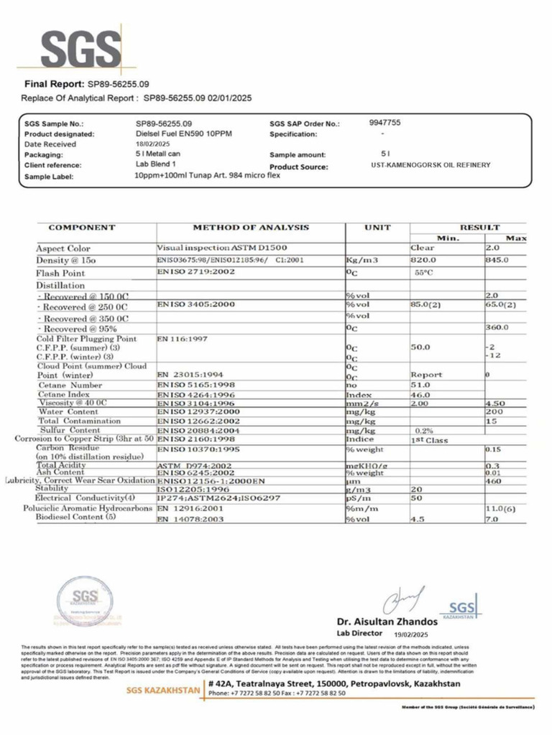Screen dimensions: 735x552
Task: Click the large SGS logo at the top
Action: [80, 49]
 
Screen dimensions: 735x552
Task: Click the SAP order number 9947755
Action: [385, 123]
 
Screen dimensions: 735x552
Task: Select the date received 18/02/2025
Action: [152, 144]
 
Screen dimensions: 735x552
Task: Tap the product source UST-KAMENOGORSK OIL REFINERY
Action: [430, 165]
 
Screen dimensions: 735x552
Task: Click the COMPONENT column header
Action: [82, 228]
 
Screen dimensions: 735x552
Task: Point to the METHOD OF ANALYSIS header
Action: [250, 228]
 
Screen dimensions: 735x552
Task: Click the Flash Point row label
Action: [61, 273]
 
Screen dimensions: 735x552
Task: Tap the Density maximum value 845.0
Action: [497, 260]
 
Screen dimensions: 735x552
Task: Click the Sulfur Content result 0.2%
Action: [423, 431]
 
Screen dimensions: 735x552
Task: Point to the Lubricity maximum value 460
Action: [493, 480]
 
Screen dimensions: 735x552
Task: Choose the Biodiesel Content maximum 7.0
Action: [492, 518]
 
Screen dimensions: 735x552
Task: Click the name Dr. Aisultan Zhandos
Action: [387, 621]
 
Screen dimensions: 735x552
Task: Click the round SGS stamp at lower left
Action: [86, 597]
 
